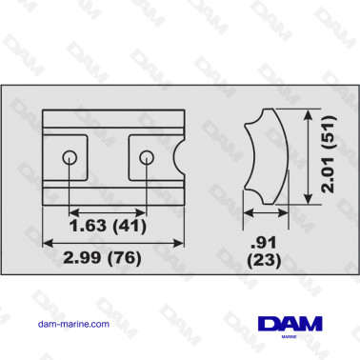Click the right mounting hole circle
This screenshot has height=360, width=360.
point(146,156)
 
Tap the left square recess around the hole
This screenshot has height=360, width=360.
point(66,156)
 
